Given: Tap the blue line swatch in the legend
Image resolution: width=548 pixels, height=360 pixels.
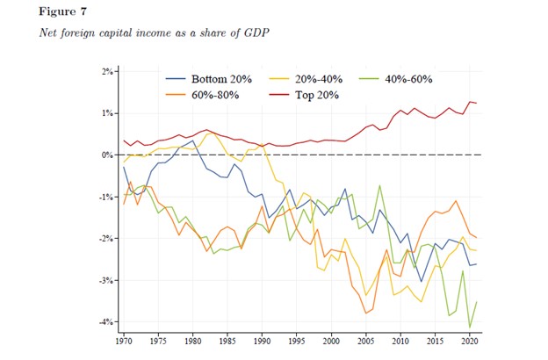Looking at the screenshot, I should pos(186,79).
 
